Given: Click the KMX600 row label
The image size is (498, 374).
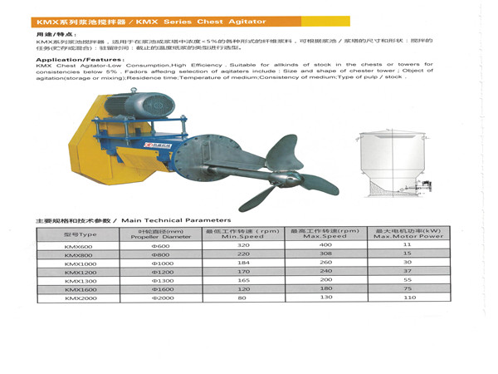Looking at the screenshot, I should click(81, 245).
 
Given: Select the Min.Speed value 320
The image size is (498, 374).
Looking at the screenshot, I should click(242, 245).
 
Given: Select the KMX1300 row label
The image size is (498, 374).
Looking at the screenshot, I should click(81, 281).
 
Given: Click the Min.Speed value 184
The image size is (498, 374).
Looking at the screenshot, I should click(242, 263).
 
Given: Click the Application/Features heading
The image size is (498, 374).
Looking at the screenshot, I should click(76, 60).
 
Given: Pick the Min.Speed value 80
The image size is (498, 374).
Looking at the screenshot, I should click(242, 298).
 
